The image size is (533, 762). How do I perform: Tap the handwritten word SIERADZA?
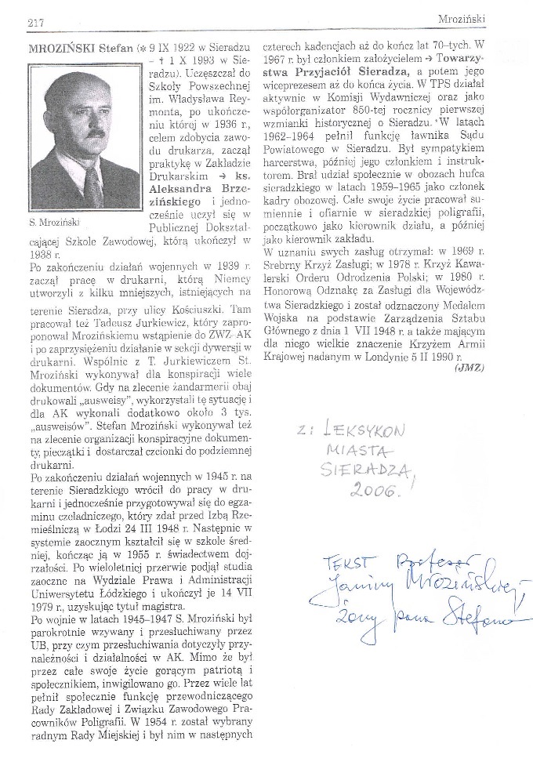(x=367, y=470)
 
